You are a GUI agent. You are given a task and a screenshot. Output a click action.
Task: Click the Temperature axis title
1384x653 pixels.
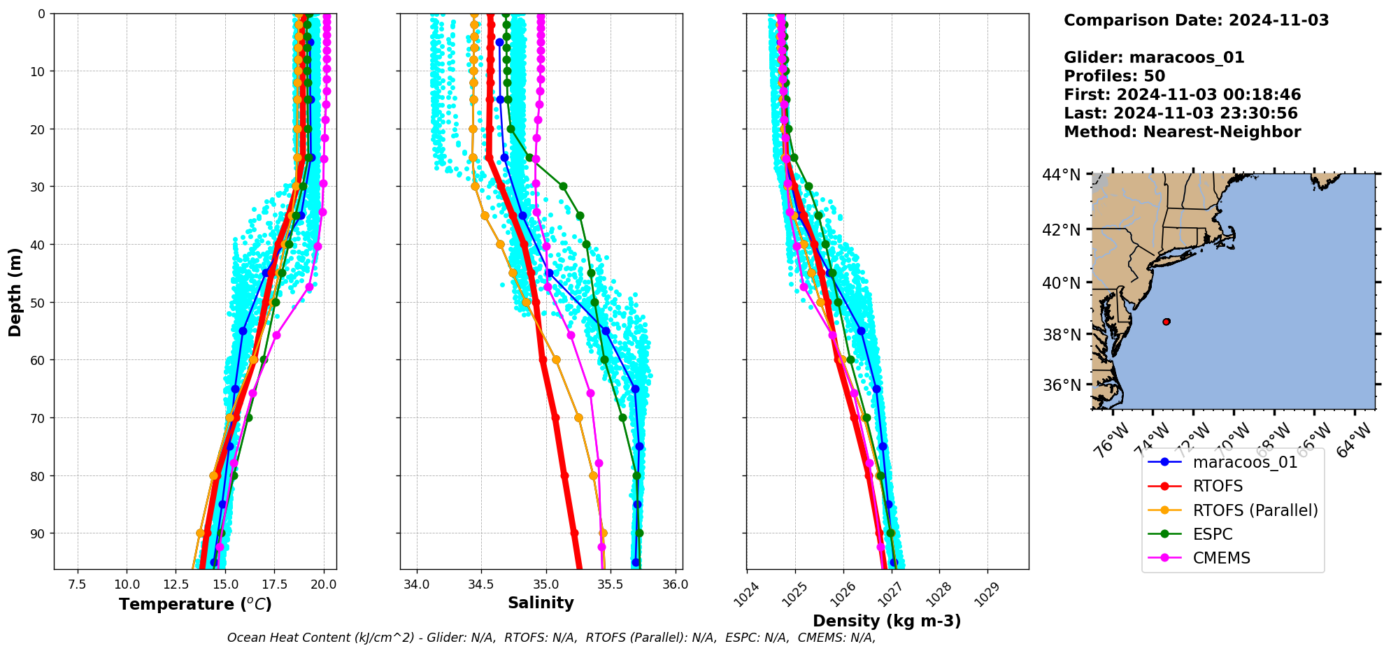(x=195, y=604)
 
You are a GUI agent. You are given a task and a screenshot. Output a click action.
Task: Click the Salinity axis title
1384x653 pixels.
(x=541, y=603)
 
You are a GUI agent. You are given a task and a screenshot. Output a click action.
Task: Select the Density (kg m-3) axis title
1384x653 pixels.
(x=887, y=621)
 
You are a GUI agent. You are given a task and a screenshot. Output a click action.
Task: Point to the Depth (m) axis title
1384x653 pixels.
(x=15, y=292)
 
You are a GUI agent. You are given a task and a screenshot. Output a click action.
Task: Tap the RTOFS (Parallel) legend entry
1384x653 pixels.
(x=1255, y=510)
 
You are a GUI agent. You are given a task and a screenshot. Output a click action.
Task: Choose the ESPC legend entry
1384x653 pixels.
(x=1213, y=534)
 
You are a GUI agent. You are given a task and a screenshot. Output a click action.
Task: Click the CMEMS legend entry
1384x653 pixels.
(x=1221, y=558)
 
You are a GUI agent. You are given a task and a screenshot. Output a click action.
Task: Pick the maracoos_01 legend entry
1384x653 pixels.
(x=1245, y=462)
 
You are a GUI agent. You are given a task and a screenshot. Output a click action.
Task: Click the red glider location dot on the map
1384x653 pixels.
(x=1167, y=322)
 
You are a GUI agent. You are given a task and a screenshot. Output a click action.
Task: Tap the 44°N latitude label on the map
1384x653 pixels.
(x=1062, y=175)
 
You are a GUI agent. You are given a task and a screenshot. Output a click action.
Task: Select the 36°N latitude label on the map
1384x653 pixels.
(x=1062, y=385)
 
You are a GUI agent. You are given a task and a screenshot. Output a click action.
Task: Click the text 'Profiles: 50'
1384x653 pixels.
(x=1114, y=76)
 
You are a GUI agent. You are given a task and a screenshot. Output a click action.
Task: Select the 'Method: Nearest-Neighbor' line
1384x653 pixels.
(x=1182, y=132)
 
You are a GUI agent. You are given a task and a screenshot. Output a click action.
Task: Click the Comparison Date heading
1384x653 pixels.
(x=1196, y=20)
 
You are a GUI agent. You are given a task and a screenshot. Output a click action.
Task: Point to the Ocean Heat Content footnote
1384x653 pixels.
(x=551, y=638)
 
